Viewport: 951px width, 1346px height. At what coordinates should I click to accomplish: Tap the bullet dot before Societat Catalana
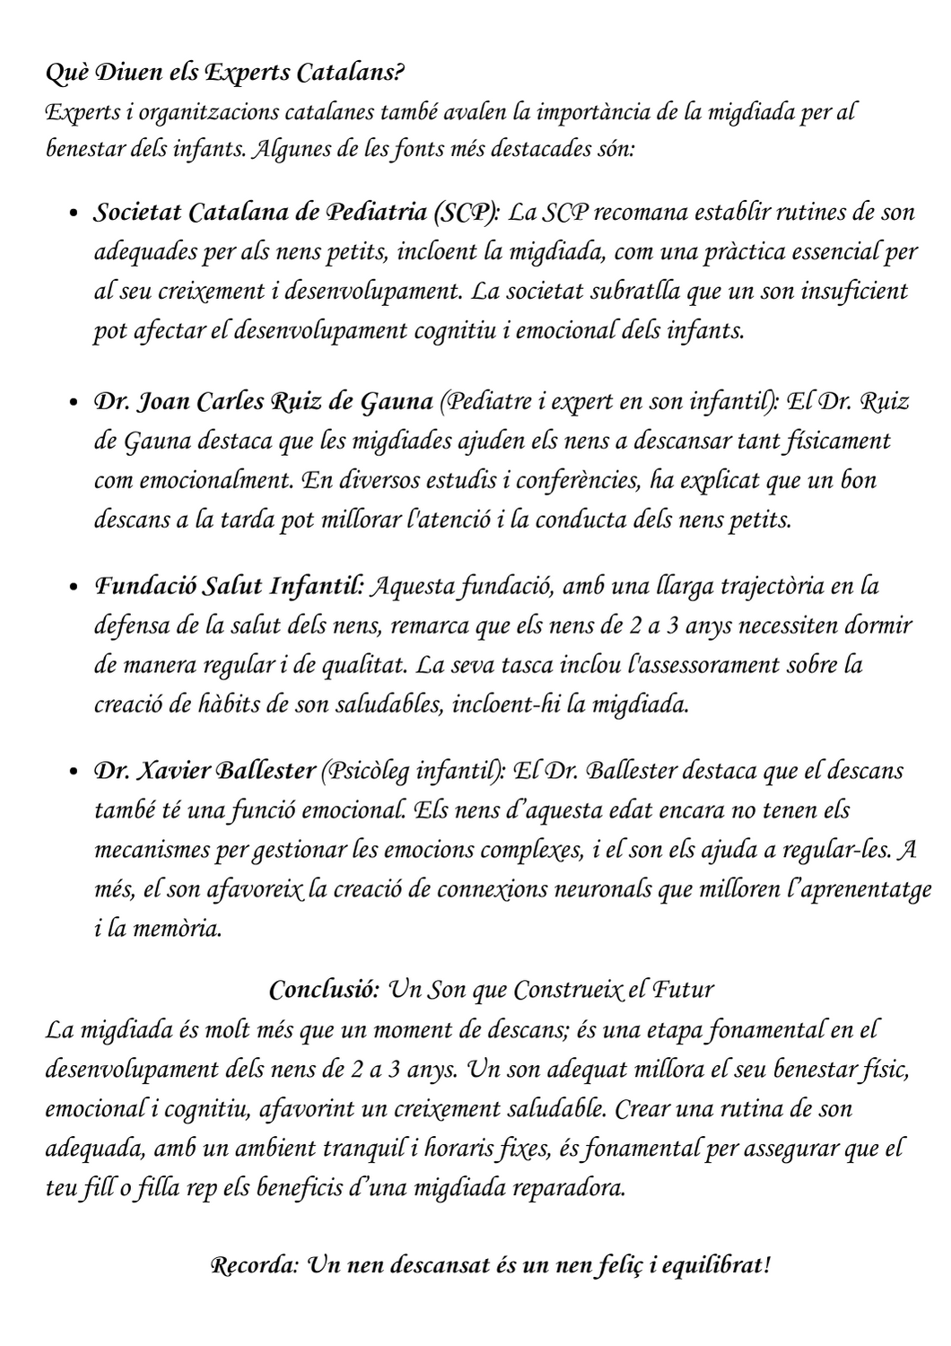(76, 214)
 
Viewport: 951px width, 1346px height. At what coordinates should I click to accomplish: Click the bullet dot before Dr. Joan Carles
(76, 403)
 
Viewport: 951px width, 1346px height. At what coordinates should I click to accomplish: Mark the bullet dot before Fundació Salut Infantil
(76, 589)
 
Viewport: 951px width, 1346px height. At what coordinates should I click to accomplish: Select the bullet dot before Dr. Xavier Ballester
(76, 773)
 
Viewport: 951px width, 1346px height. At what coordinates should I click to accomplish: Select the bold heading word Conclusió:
(324, 991)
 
